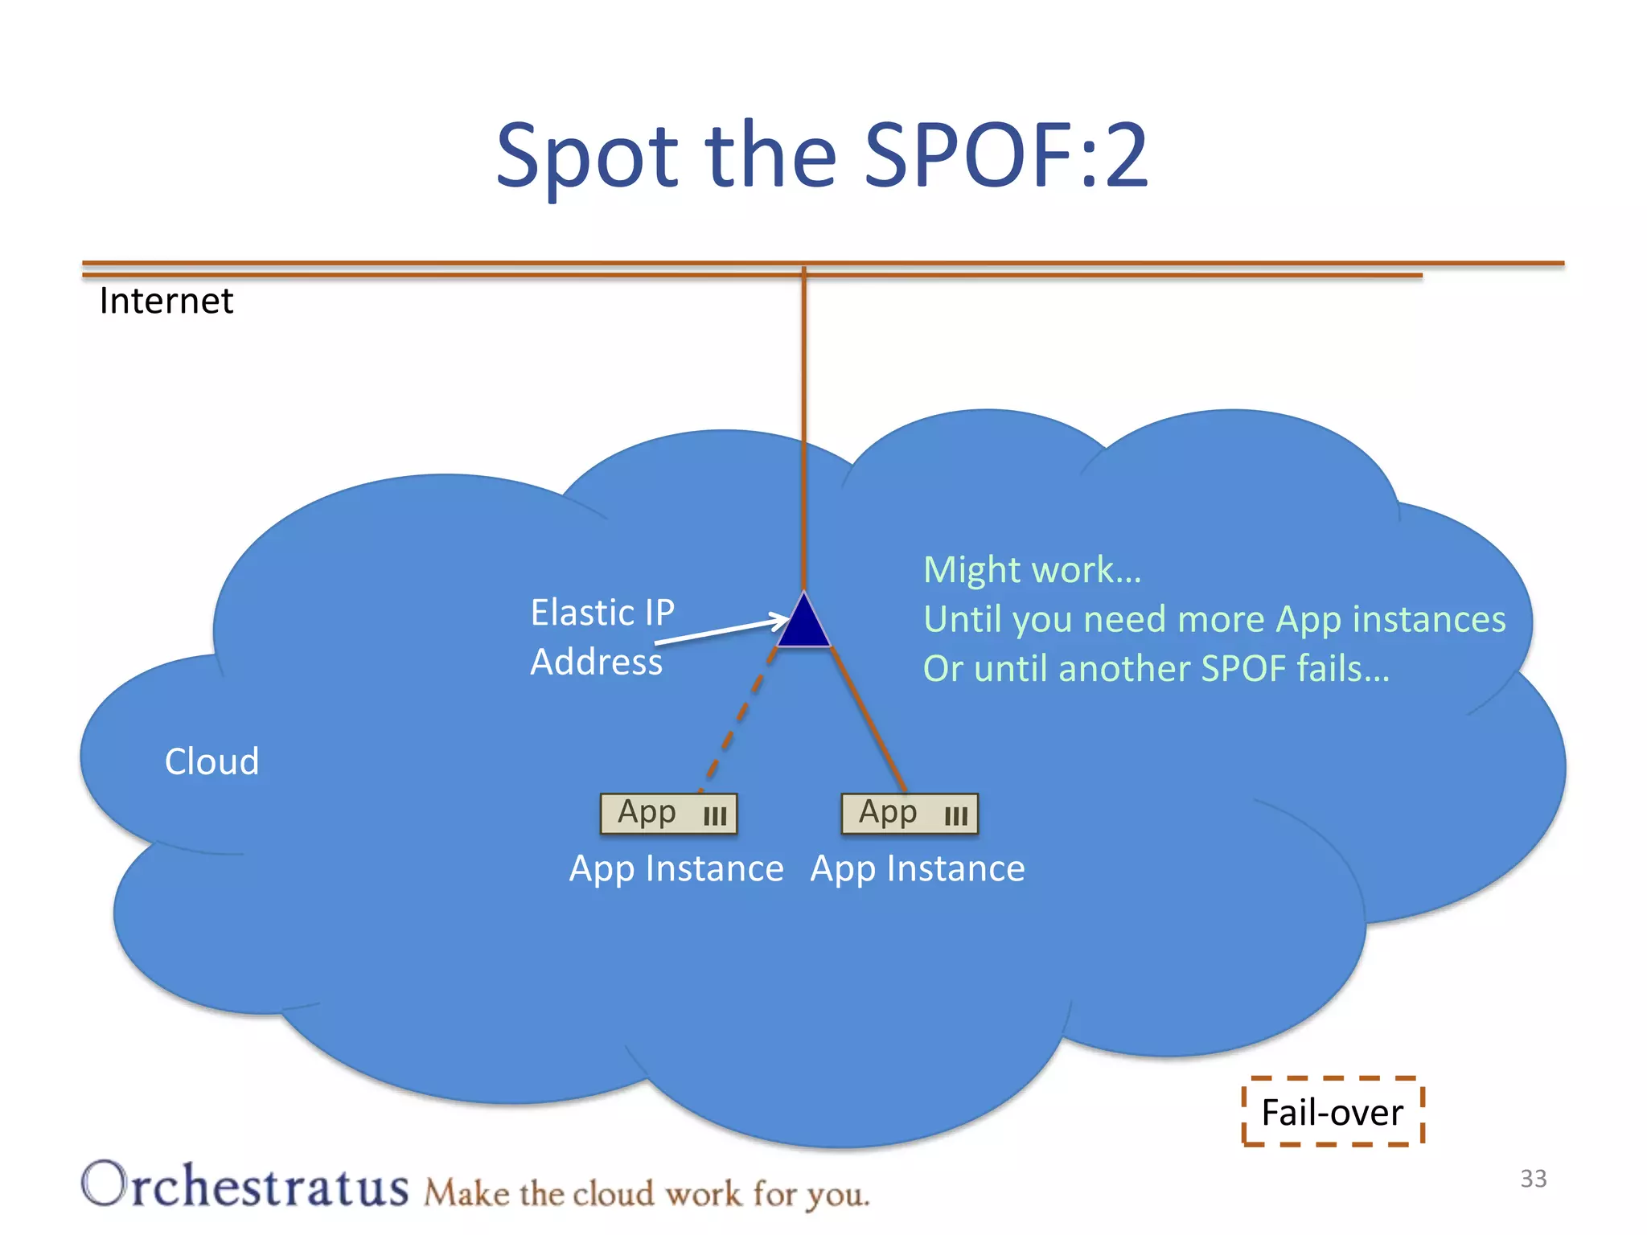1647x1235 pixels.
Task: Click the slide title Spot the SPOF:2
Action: (822, 154)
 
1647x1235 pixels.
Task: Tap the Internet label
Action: (166, 302)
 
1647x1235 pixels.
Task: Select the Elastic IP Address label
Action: (602, 637)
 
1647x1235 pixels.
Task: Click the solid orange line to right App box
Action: (869, 720)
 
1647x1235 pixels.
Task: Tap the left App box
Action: (668, 814)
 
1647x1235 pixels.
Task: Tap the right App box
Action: (910, 814)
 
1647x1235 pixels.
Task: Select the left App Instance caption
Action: (676, 869)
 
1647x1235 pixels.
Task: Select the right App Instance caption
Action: (918, 869)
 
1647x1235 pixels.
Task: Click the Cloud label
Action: (212, 761)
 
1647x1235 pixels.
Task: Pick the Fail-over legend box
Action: (1333, 1112)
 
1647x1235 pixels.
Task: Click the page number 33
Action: (1533, 1179)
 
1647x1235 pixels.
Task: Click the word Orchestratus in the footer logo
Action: (245, 1185)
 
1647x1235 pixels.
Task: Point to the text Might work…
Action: (1032, 570)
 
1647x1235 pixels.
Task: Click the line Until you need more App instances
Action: (1214, 619)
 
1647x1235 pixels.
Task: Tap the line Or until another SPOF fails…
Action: (1156, 669)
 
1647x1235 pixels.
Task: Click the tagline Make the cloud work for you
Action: (647, 1194)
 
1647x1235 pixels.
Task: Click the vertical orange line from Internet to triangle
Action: (803, 426)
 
